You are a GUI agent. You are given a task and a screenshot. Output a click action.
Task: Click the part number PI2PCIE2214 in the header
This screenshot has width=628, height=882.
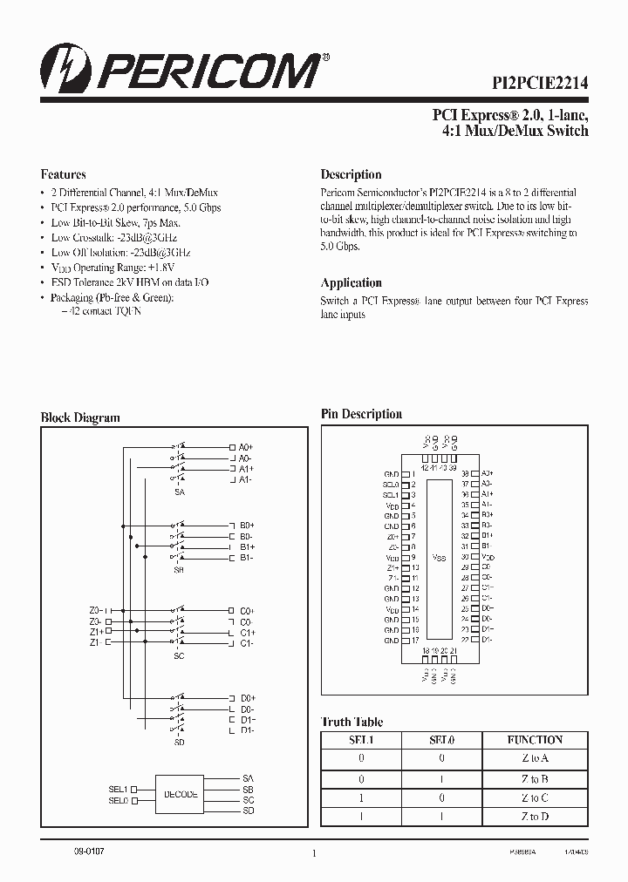coord(537,83)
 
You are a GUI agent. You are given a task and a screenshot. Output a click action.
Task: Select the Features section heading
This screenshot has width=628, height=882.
coord(64,174)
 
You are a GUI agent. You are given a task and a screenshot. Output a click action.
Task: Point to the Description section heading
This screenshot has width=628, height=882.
coord(351,174)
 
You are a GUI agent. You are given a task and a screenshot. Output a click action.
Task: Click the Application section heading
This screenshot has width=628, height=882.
coord(351,283)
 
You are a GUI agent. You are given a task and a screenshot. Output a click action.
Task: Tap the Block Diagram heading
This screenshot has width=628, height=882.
coord(80,417)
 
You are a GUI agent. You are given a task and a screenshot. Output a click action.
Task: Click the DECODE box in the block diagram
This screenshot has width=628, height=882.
coord(181,794)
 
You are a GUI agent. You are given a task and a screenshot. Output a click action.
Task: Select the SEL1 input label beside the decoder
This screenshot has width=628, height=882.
coord(119,788)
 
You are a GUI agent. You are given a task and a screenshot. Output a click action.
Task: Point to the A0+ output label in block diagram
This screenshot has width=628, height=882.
coord(246,447)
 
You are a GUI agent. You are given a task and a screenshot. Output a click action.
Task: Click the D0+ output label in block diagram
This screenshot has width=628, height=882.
coord(247,698)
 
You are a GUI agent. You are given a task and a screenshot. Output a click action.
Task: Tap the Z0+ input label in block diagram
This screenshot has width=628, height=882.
coord(95,610)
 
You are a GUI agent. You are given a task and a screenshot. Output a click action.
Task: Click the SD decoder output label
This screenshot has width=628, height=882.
coord(249,811)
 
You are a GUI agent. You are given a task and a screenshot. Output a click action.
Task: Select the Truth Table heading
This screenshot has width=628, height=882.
coord(352,722)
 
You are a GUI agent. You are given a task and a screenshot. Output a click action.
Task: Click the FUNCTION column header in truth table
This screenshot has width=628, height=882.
coord(535,740)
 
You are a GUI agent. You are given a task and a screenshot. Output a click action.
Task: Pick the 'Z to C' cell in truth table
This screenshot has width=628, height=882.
coord(535,797)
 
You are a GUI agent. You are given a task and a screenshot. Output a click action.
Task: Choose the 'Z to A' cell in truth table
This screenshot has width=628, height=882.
coord(535,759)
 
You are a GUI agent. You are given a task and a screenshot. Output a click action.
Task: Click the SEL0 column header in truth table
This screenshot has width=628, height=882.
coord(442,740)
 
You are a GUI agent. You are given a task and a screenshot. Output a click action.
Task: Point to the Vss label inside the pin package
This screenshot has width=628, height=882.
coord(439,558)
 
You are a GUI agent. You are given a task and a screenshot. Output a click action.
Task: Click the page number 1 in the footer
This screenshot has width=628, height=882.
coord(312,854)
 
